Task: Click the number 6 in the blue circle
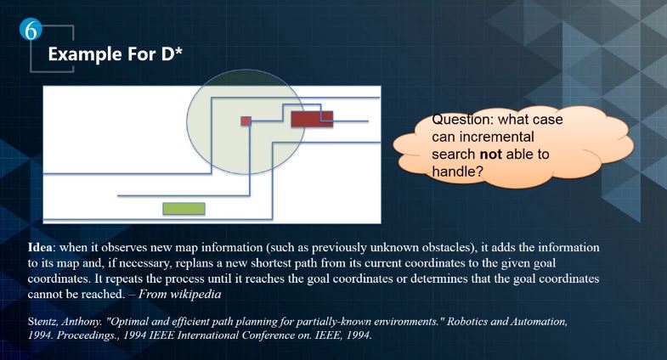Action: (31, 31)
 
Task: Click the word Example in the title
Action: (79, 54)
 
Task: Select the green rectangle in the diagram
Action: (184, 208)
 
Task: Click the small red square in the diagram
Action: (246, 121)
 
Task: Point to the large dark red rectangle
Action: (312, 119)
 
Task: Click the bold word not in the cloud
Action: (490, 155)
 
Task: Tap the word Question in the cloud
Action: (463, 120)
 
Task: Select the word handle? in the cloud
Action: (458, 172)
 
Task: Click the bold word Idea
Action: (42, 247)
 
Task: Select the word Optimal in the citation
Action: (126, 321)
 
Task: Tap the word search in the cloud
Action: (454, 155)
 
